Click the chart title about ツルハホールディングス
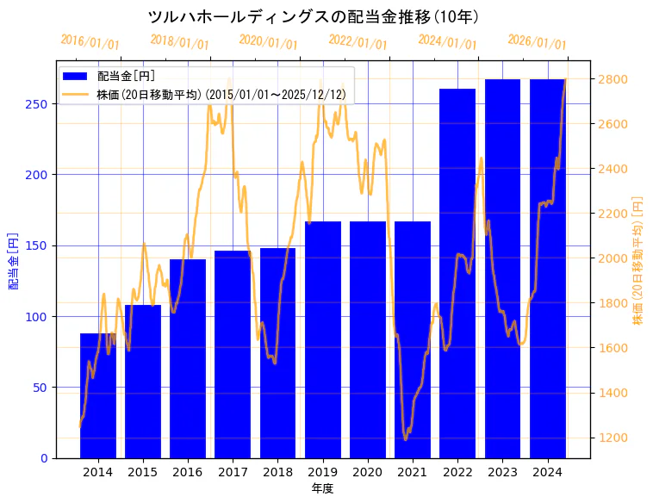[314, 16]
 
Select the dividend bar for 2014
[98, 395]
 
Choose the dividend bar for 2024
[547, 268]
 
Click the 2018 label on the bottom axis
[277, 472]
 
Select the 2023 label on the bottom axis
[502, 472]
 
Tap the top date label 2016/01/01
[90, 42]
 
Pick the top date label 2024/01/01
[447, 42]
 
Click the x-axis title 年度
[322, 488]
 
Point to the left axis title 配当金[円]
[14, 260]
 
